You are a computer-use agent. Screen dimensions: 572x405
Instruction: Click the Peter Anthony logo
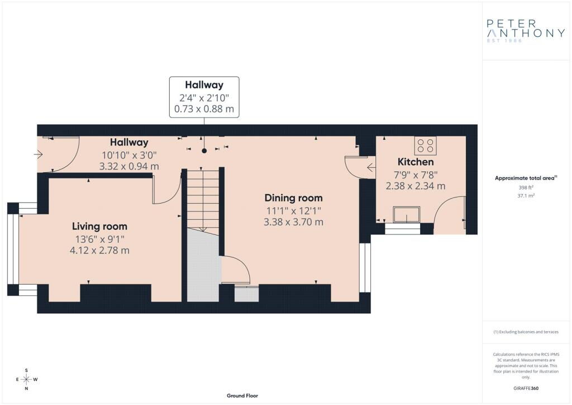tap(526, 31)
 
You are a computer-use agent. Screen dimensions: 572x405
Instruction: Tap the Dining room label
tap(294, 198)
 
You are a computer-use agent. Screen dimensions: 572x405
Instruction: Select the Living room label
tap(99, 227)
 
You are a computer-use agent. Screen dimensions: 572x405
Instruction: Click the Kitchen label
tap(416, 162)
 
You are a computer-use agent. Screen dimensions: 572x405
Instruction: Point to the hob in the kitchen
tap(425, 145)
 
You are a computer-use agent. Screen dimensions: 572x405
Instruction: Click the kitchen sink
tap(407, 214)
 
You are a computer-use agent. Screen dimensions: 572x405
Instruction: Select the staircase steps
tap(203, 200)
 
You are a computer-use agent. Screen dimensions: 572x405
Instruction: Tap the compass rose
tap(27, 379)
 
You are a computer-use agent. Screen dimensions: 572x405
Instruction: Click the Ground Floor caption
tap(242, 395)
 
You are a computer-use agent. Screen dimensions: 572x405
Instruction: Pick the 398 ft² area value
tap(526, 187)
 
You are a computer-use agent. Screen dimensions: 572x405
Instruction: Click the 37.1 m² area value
tap(526, 196)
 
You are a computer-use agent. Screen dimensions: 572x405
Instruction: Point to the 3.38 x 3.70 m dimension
tap(294, 222)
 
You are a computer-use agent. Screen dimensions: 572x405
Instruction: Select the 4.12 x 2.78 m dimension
tap(99, 251)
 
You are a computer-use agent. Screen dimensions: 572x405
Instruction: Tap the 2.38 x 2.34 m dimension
tap(416, 186)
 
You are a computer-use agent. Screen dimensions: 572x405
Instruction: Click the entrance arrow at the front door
tap(39, 154)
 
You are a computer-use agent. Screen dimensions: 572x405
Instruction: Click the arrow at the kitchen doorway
tap(371, 168)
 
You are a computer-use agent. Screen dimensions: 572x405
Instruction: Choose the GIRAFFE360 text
tap(526, 388)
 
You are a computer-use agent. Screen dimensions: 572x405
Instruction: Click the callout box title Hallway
tap(204, 84)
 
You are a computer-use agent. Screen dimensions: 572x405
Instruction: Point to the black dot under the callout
tap(204, 150)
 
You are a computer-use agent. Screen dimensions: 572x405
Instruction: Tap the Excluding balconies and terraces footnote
tap(526, 332)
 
